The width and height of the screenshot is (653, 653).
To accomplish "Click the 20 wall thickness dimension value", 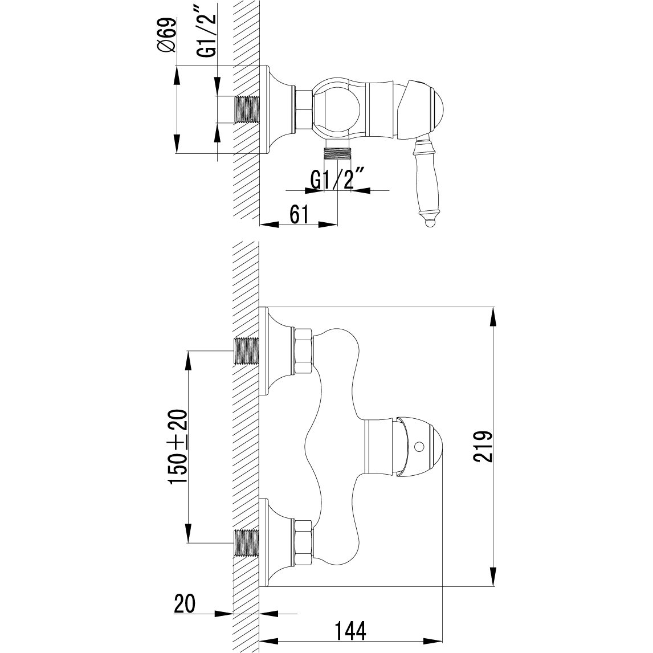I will click(x=185, y=603).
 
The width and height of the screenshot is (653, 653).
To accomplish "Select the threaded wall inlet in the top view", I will click(x=246, y=109).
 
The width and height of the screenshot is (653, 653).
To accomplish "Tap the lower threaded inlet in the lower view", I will click(x=246, y=542).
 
